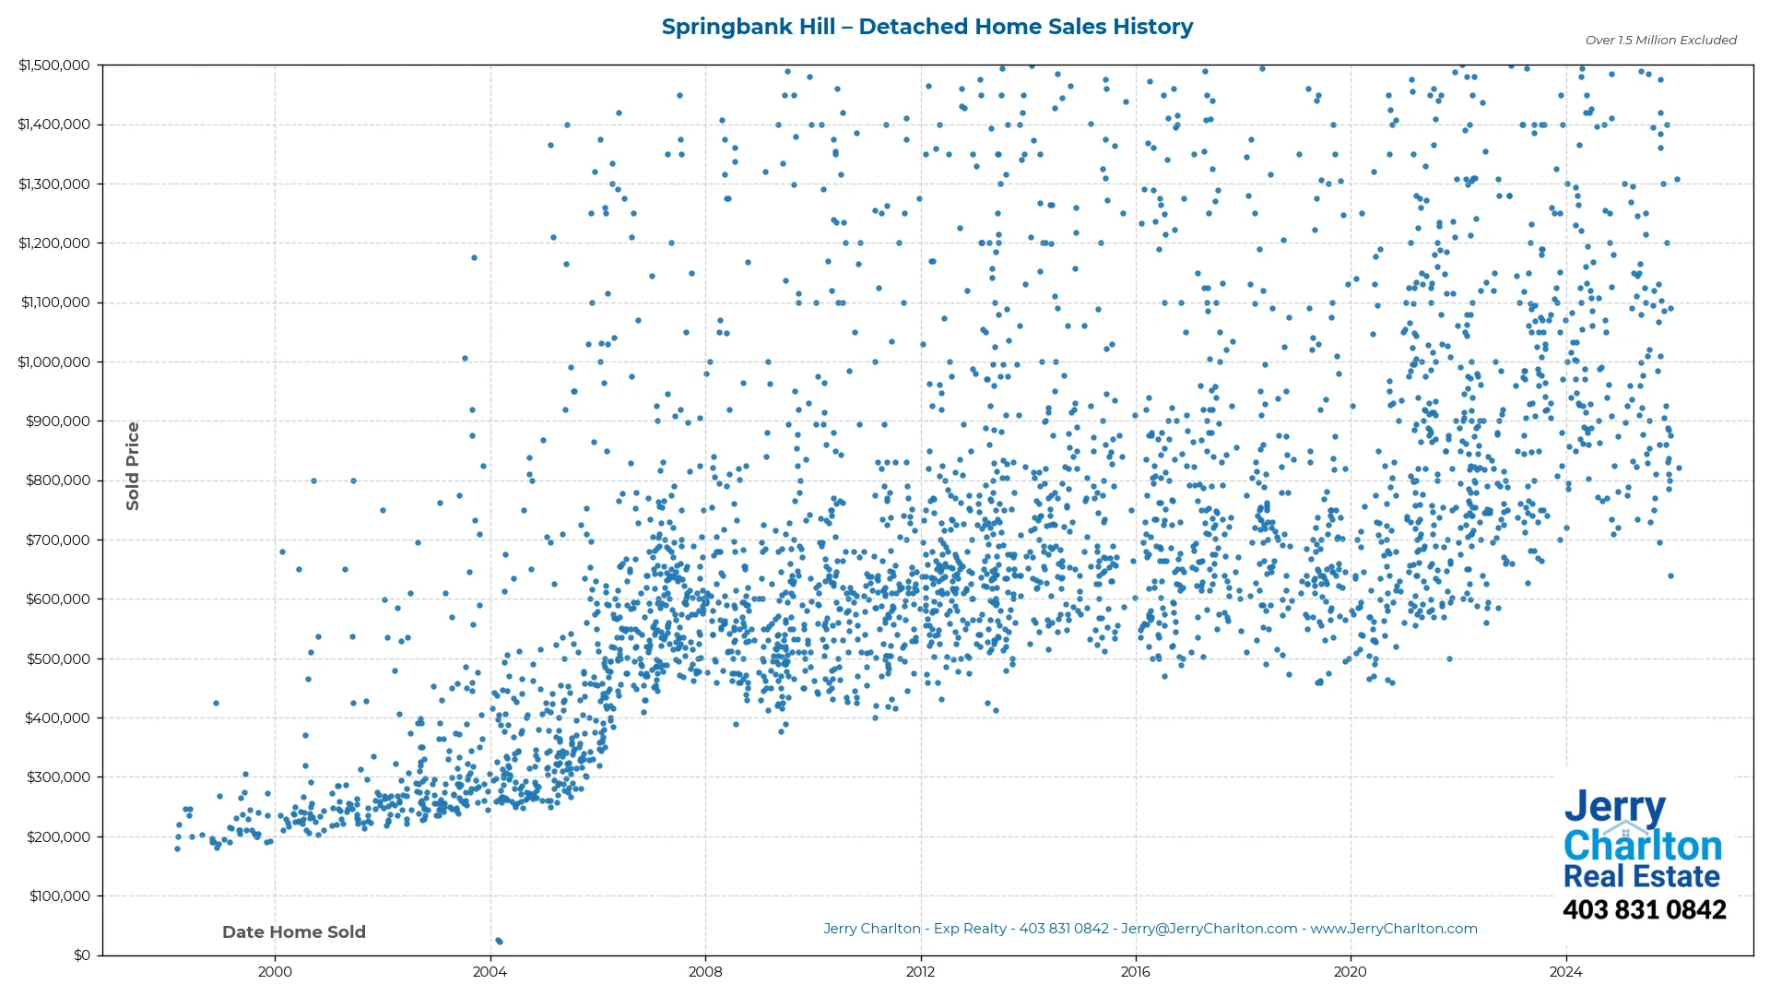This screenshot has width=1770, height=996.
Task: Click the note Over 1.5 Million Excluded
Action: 1660,40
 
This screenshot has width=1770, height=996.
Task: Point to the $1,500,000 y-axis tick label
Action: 54,65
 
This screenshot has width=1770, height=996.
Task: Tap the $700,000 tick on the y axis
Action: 57,539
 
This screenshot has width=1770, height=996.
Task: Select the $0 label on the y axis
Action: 82,954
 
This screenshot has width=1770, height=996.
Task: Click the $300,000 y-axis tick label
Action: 57,777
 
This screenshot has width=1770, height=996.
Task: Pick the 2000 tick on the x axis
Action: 275,971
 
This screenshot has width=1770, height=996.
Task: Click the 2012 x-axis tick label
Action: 920,971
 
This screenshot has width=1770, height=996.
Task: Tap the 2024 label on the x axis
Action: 1565,971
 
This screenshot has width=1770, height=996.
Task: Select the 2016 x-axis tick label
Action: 1135,971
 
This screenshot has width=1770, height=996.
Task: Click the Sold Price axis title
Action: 133,466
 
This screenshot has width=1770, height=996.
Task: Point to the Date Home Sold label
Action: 294,931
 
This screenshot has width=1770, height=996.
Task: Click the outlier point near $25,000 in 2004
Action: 499,941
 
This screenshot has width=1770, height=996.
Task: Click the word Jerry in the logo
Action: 1614,808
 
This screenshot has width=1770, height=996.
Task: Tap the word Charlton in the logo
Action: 1642,845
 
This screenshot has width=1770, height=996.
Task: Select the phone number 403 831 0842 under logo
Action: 1644,909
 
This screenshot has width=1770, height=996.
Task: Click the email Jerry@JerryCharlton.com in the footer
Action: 1209,929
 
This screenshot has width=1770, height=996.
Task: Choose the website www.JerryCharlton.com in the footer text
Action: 1393,929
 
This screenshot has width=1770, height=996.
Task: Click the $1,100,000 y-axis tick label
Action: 54,302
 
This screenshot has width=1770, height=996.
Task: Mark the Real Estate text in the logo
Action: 1641,876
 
